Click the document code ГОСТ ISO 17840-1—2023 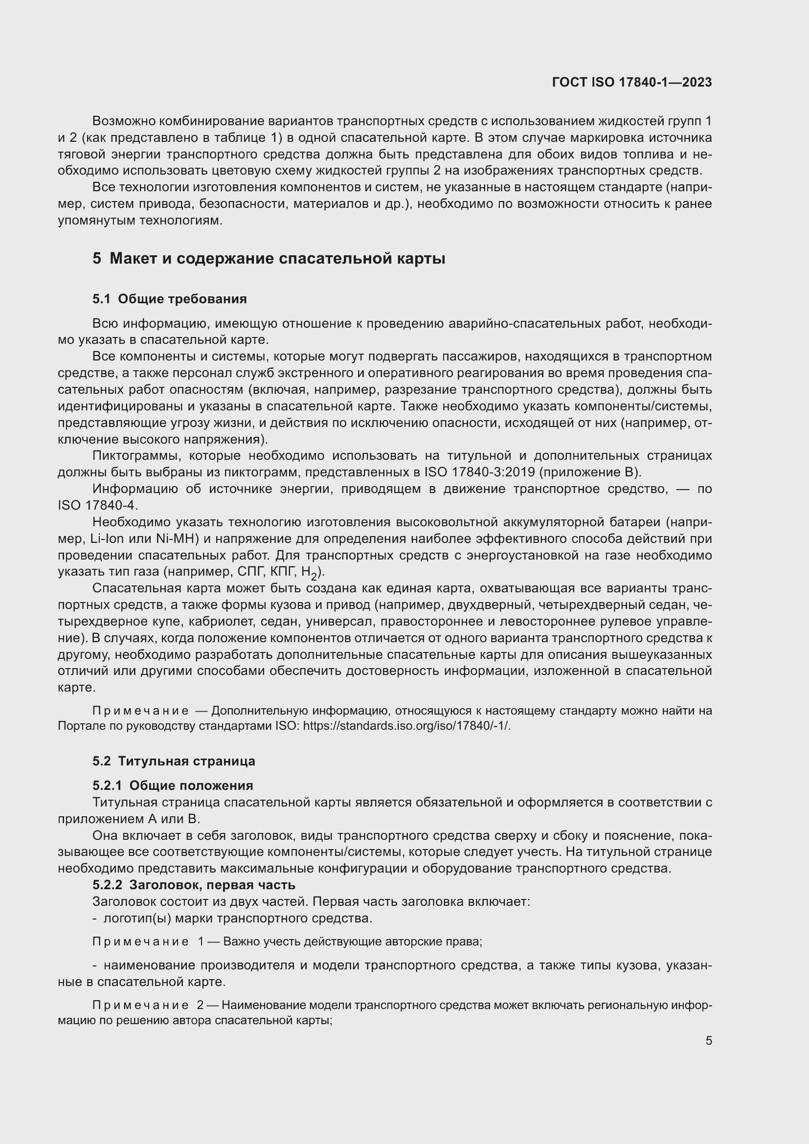631,83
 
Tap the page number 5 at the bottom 708,1041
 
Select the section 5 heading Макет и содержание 269,259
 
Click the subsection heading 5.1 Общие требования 169,299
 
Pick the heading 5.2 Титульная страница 173,761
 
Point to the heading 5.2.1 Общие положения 172,786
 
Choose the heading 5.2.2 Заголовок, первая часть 193,885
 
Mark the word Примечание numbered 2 140,1006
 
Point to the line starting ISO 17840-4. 98,505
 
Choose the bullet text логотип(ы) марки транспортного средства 237,918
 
